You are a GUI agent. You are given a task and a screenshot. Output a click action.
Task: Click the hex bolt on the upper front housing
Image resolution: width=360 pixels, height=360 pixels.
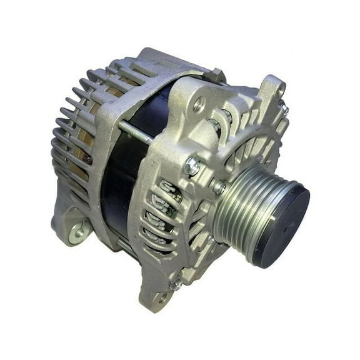coord(192,166)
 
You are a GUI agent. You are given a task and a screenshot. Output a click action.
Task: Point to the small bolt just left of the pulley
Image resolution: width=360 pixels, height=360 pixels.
coord(219,186)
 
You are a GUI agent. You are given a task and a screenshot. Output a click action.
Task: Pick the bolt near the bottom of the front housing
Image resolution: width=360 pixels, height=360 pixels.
coord(176,282)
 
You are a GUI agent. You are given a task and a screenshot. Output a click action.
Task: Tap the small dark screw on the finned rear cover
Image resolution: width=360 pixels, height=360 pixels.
coord(88,159)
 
